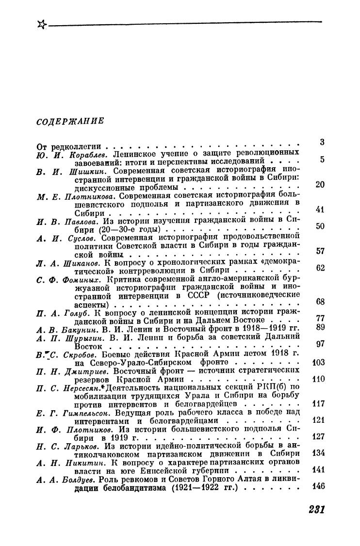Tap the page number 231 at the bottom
pyautogui.click(x=316, y=510)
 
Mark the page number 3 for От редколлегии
pyautogui.click(x=322, y=142)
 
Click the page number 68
pyautogui.click(x=320, y=302)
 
